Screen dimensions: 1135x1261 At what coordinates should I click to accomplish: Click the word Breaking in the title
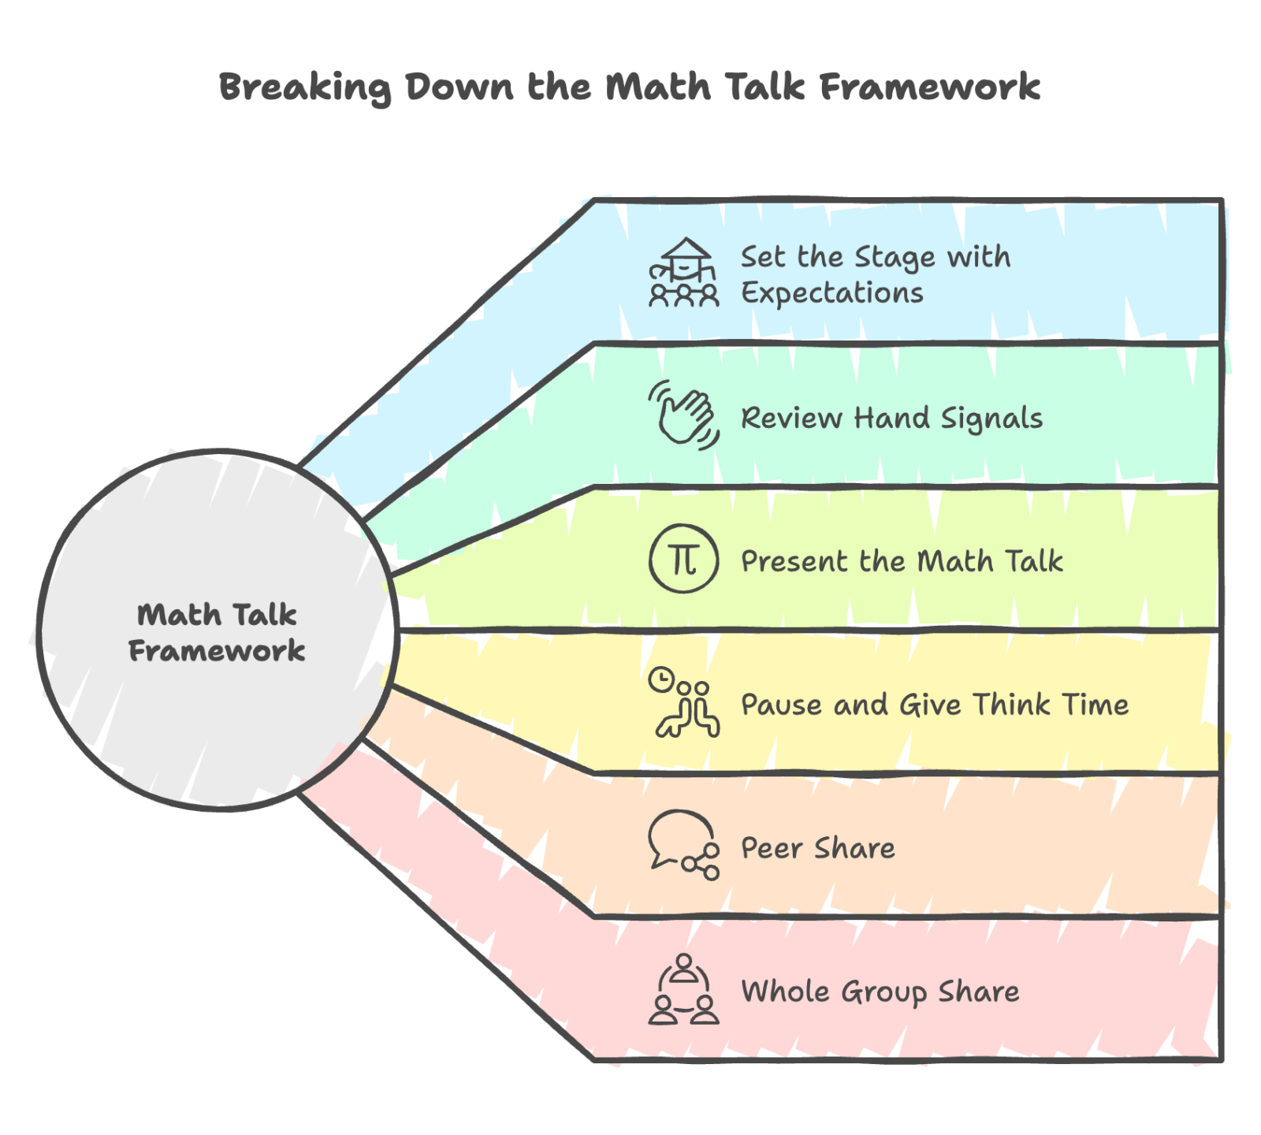[x=303, y=87]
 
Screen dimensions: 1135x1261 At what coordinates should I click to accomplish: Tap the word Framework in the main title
[x=930, y=87]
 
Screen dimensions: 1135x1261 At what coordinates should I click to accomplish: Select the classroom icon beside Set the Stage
[x=683, y=273]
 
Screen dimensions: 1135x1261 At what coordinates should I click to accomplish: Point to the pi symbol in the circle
[x=683, y=560]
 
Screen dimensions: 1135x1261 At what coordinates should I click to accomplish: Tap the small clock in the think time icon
[x=660, y=679]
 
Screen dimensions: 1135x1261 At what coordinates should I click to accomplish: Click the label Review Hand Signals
[x=891, y=418]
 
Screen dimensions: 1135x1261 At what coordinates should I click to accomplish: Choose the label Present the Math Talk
[x=902, y=561]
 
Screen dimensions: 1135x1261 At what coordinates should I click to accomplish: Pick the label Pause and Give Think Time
[x=935, y=705]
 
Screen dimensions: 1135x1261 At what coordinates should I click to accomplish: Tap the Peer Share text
[x=818, y=848]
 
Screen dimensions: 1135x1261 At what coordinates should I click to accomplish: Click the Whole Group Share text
[x=880, y=992]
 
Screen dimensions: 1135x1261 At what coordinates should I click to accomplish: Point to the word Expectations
[x=832, y=293]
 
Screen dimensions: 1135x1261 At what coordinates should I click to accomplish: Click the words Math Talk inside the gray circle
[x=217, y=615]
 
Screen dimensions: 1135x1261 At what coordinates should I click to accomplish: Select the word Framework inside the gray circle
[x=217, y=651]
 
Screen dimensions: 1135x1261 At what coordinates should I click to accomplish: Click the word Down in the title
[x=459, y=87]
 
